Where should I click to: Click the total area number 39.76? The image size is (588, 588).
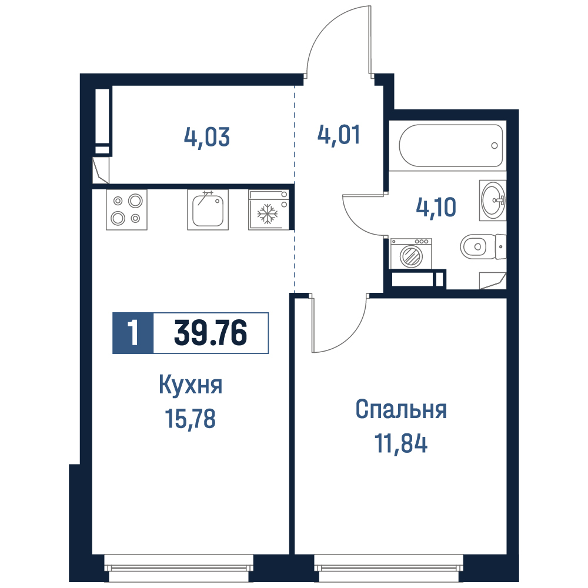tap(211, 333)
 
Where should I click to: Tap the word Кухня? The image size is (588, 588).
tap(191, 385)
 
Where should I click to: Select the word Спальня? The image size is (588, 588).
tap(401, 409)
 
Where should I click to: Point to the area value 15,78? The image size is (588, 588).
tap(190, 419)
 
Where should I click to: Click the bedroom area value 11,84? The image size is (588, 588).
tap(401, 443)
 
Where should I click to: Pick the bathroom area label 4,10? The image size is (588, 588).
tap(436, 207)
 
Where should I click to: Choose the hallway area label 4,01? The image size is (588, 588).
tap(339, 135)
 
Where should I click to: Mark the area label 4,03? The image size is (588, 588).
tap(206, 137)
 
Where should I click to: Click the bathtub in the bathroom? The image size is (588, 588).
tap(451, 145)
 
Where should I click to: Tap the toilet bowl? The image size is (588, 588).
tap(483, 247)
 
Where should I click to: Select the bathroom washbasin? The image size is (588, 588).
tap(493, 200)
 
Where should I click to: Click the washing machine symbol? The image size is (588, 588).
tap(411, 254)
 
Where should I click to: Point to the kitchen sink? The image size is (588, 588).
tap(208, 210)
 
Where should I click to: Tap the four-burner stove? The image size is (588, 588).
tap(127, 210)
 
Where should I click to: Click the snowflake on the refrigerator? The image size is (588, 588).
tap(268, 214)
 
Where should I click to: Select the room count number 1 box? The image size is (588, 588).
tap(133, 333)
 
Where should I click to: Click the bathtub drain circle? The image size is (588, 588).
tap(495, 145)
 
